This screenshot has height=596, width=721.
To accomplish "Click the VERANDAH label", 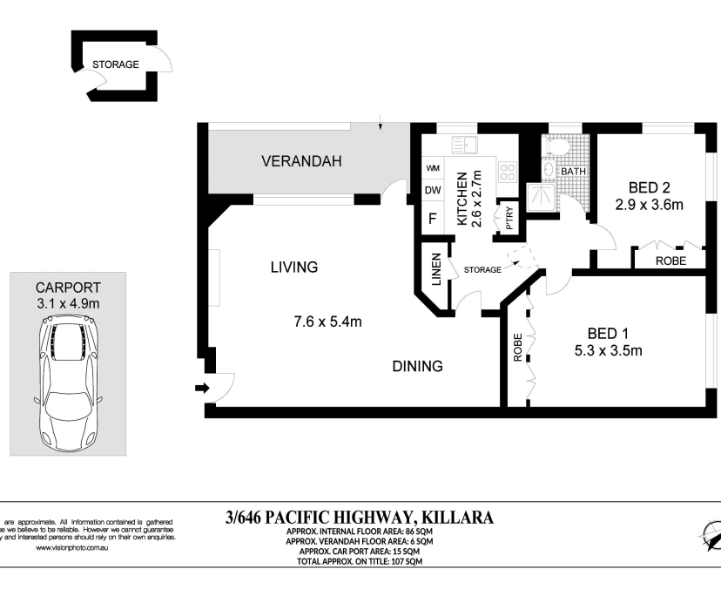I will (302, 161).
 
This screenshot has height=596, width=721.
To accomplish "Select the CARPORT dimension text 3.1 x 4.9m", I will (68, 303).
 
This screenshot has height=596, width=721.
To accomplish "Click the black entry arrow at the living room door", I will (202, 389).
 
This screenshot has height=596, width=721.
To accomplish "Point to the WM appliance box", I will (432, 169).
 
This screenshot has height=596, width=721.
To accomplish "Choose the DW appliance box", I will (432, 191).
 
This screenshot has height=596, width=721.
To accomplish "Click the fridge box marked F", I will (432, 218).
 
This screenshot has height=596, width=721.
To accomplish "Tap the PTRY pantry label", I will (509, 217).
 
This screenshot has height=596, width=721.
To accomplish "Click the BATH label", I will (573, 172).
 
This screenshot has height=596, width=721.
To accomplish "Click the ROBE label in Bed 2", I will (670, 260).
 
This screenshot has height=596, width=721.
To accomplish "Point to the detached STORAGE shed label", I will (116, 64).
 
